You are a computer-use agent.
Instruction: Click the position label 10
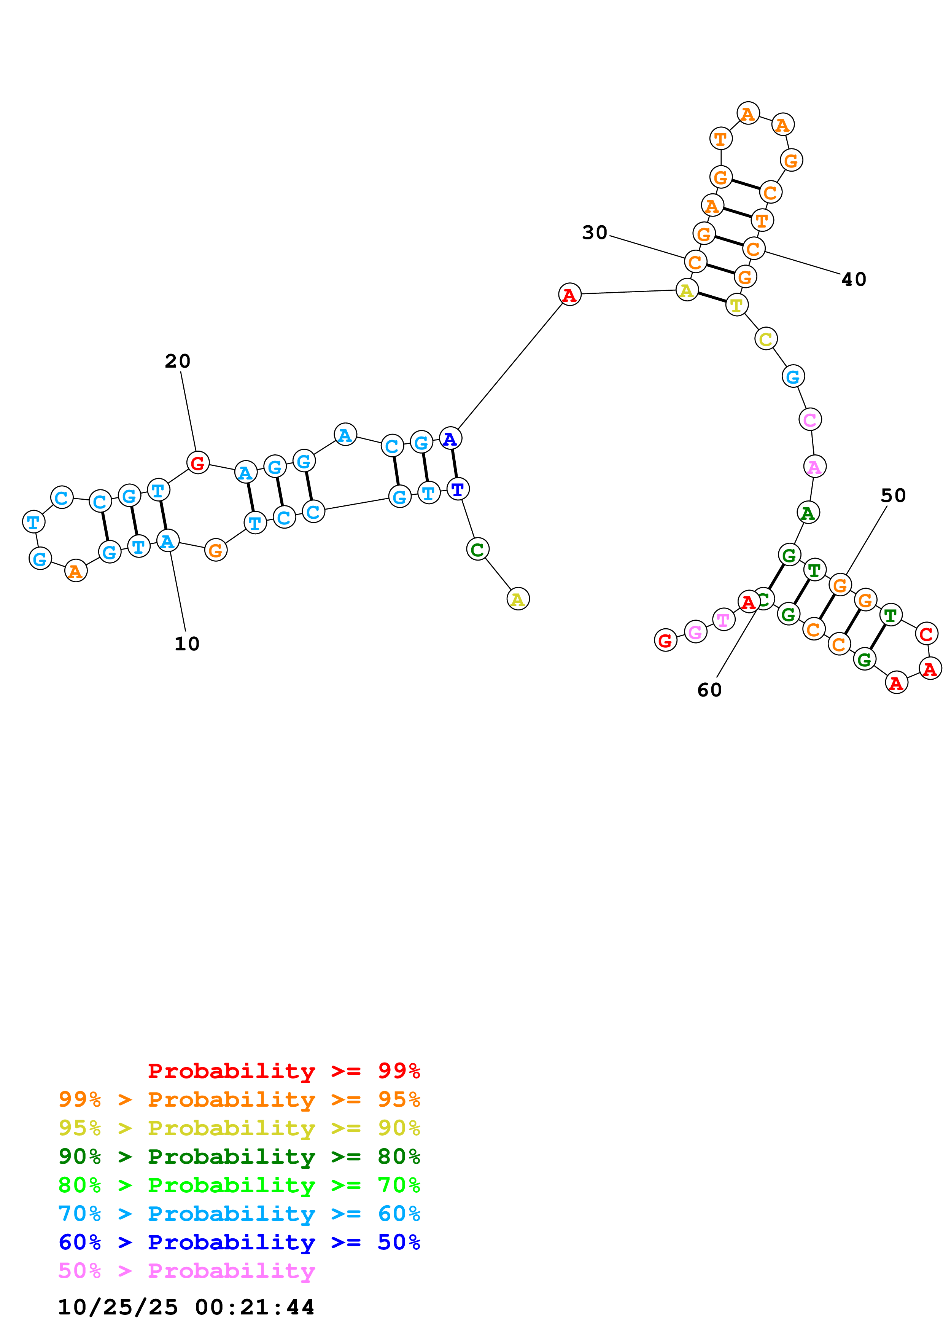click(186, 644)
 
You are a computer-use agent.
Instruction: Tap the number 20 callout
click(177, 361)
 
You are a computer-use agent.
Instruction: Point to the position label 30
click(595, 233)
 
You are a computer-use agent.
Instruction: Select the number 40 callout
click(854, 280)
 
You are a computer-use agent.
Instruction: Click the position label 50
click(893, 495)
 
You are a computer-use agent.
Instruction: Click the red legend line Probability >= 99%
click(283, 1071)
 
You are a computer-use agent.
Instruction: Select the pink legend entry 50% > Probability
click(186, 1270)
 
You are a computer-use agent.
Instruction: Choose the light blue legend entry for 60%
click(239, 1214)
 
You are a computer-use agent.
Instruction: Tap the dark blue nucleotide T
click(458, 489)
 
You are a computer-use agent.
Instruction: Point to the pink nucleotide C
click(810, 419)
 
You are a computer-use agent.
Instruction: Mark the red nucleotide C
click(926, 633)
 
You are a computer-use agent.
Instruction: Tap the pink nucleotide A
click(814, 466)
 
